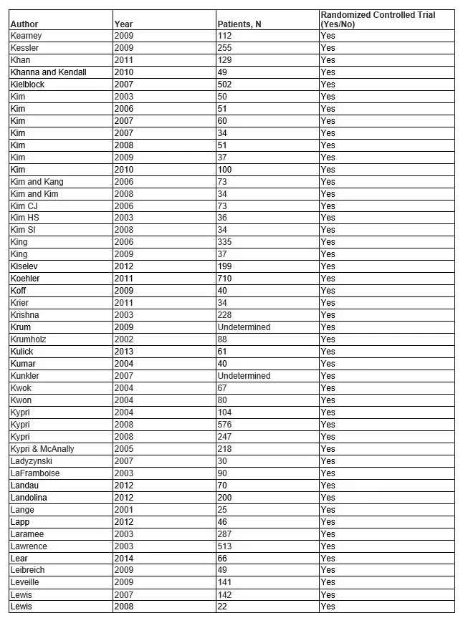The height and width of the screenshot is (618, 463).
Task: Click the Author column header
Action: tap(24, 24)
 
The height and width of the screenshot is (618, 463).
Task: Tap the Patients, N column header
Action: tap(239, 24)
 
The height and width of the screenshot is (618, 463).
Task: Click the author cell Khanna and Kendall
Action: tap(48, 72)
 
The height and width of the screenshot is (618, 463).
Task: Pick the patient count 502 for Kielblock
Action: tap(226, 85)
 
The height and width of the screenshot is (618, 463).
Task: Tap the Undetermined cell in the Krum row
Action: tap(244, 327)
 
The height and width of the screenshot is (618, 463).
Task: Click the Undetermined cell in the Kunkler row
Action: tap(244, 376)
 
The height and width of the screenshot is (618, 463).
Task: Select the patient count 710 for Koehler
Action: tap(226, 279)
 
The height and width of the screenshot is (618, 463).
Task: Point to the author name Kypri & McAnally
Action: tap(42, 449)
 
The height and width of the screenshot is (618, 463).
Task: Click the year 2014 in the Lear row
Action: tap(123, 558)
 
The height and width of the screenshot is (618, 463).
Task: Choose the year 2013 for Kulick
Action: tap(123, 352)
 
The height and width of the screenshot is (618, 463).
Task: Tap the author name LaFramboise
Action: tap(34, 473)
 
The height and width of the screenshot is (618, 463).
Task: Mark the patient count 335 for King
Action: tap(226, 242)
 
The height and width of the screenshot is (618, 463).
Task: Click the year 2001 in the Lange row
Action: tap(123, 510)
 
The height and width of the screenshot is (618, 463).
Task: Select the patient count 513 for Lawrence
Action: tap(226, 546)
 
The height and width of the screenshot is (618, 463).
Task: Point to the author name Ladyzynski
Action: tap(32, 461)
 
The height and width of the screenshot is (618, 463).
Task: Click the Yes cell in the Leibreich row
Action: tap(328, 570)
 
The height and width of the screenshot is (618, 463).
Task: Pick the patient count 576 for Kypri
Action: tap(226, 425)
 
